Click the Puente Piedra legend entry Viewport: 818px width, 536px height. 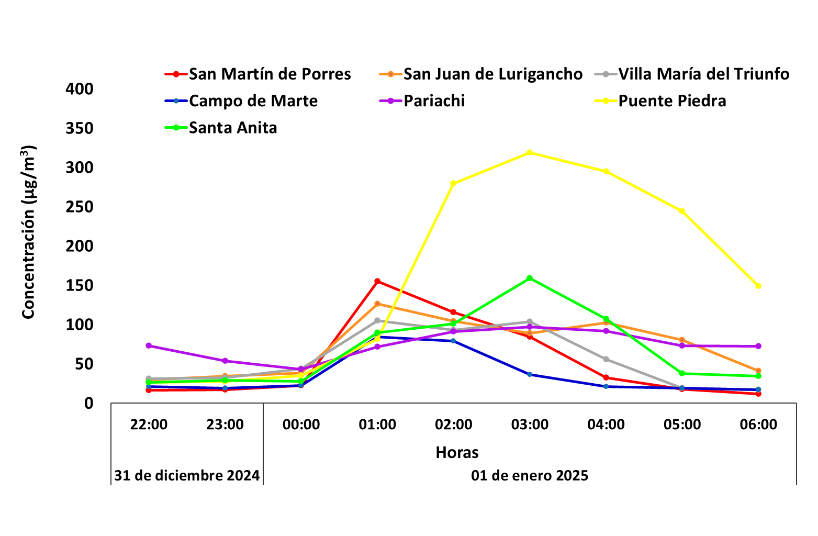[672, 101]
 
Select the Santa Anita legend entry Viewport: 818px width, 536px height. [233, 128]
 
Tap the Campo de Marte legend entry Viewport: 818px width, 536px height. [253, 101]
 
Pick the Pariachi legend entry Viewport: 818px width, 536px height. [434, 101]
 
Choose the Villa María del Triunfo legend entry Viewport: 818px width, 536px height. [703, 74]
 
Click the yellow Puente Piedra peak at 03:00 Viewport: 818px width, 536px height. [530, 152]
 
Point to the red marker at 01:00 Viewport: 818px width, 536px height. [377, 282]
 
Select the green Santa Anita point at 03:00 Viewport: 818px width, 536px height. [530, 278]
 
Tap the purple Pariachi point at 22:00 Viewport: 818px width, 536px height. [149, 345]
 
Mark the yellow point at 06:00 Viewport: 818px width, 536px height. [758, 286]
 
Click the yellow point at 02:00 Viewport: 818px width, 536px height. [453, 184]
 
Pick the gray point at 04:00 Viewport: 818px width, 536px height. [606, 359]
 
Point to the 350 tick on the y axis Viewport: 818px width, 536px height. [80, 129]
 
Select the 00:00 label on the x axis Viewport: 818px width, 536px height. [301, 425]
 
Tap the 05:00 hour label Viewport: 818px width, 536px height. [682, 425]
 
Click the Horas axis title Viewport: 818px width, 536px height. [457, 453]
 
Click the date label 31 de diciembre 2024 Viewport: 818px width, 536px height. [187, 476]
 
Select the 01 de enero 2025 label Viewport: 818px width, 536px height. [530, 476]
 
